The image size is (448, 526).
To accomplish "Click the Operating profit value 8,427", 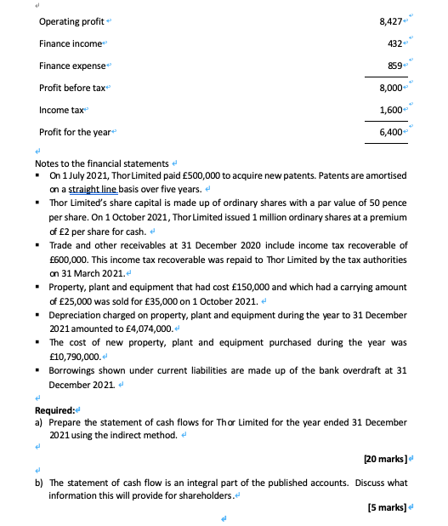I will pos(389,20).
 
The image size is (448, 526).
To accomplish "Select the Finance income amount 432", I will pos(394,43).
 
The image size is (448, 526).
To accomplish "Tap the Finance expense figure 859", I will pos(394,66).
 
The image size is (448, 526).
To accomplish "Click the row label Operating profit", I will pos(67,20).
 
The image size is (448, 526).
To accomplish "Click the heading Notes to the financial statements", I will pos(100,163).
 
